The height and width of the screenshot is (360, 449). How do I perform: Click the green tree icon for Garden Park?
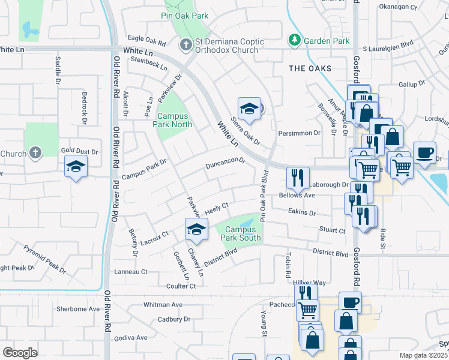pos(294,41)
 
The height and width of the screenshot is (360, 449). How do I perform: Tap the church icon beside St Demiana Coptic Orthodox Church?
pos(185,45)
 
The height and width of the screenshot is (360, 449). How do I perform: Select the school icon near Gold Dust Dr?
pos(76,166)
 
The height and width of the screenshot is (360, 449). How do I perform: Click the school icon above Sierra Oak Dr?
pos(249,109)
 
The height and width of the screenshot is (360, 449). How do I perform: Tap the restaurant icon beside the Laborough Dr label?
pos(298,177)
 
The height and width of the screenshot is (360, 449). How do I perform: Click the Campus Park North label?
pos(174,120)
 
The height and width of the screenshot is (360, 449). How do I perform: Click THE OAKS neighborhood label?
pos(310,68)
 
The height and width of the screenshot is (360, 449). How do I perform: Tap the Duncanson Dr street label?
pos(226,164)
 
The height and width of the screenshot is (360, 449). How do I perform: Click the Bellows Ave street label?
pos(297,196)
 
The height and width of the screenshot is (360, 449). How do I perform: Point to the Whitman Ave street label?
pos(163,305)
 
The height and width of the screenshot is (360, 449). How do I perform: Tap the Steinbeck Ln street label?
pos(149,64)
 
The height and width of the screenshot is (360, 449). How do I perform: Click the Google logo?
pos(20,353)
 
